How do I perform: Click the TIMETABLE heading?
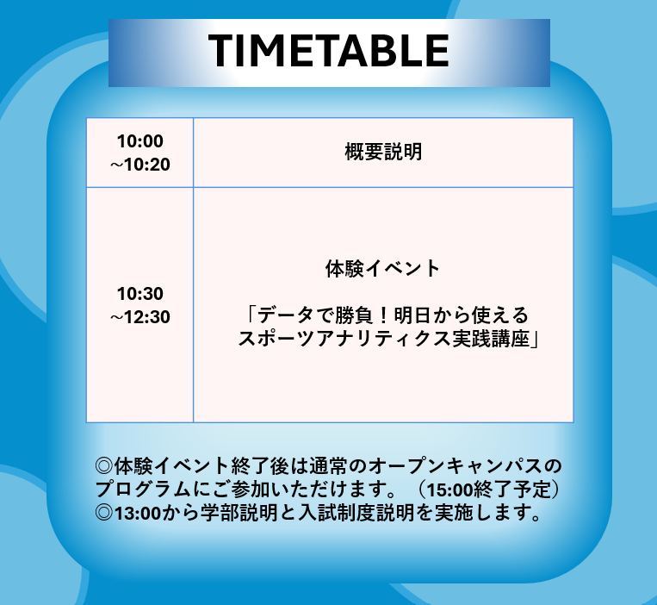click(329, 52)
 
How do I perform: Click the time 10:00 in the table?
click(140, 141)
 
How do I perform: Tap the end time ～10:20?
click(139, 164)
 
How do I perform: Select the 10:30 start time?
click(140, 294)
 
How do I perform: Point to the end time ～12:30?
click(139, 317)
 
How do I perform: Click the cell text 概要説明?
click(383, 153)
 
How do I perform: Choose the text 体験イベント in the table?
click(383, 268)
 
